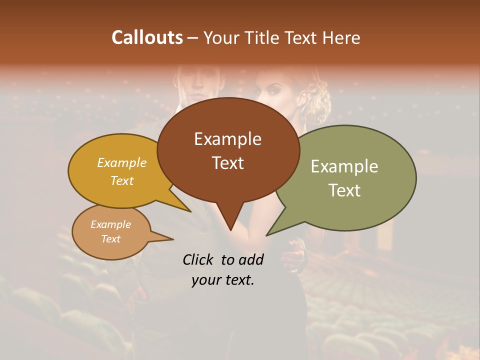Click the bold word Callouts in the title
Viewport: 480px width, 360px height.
pyautogui.click(x=147, y=37)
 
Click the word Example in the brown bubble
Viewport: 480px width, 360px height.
pyautogui.click(x=227, y=139)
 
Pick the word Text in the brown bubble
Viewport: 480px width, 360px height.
pyautogui.click(x=227, y=163)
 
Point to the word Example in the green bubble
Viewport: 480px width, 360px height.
pyautogui.click(x=344, y=166)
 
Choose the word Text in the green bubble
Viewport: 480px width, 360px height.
pyautogui.click(x=344, y=190)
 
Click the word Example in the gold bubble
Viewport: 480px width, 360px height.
pyautogui.click(x=121, y=163)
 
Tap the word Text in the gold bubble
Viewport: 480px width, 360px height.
pyautogui.click(x=121, y=180)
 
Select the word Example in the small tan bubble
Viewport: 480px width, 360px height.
pyautogui.click(x=110, y=224)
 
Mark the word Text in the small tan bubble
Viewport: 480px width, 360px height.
pyautogui.click(x=110, y=239)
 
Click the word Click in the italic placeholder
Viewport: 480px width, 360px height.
pyautogui.click(x=198, y=259)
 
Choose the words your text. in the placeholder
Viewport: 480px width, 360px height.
pyautogui.click(x=223, y=280)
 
